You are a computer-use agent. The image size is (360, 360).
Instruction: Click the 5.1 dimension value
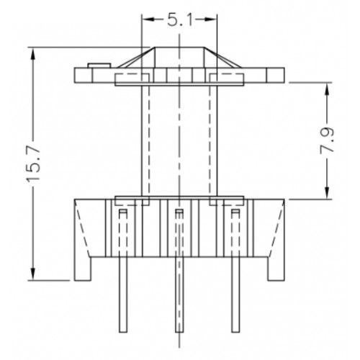[x=179, y=21]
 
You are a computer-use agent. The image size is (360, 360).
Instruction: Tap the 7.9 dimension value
[x=327, y=140]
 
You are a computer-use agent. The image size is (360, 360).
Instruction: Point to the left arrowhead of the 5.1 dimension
[x=148, y=19]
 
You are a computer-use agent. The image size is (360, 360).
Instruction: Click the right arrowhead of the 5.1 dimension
[x=211, y=19]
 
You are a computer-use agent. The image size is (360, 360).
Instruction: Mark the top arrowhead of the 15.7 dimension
[x=33, y=53]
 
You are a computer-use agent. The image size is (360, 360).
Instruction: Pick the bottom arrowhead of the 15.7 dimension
[x=33, y=274]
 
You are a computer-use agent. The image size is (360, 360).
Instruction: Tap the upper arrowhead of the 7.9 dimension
[x=327, y=89]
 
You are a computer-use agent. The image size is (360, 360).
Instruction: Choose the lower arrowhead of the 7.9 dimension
[x=327, y=193]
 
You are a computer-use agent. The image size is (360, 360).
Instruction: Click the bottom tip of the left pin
[x=123, y=332]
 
